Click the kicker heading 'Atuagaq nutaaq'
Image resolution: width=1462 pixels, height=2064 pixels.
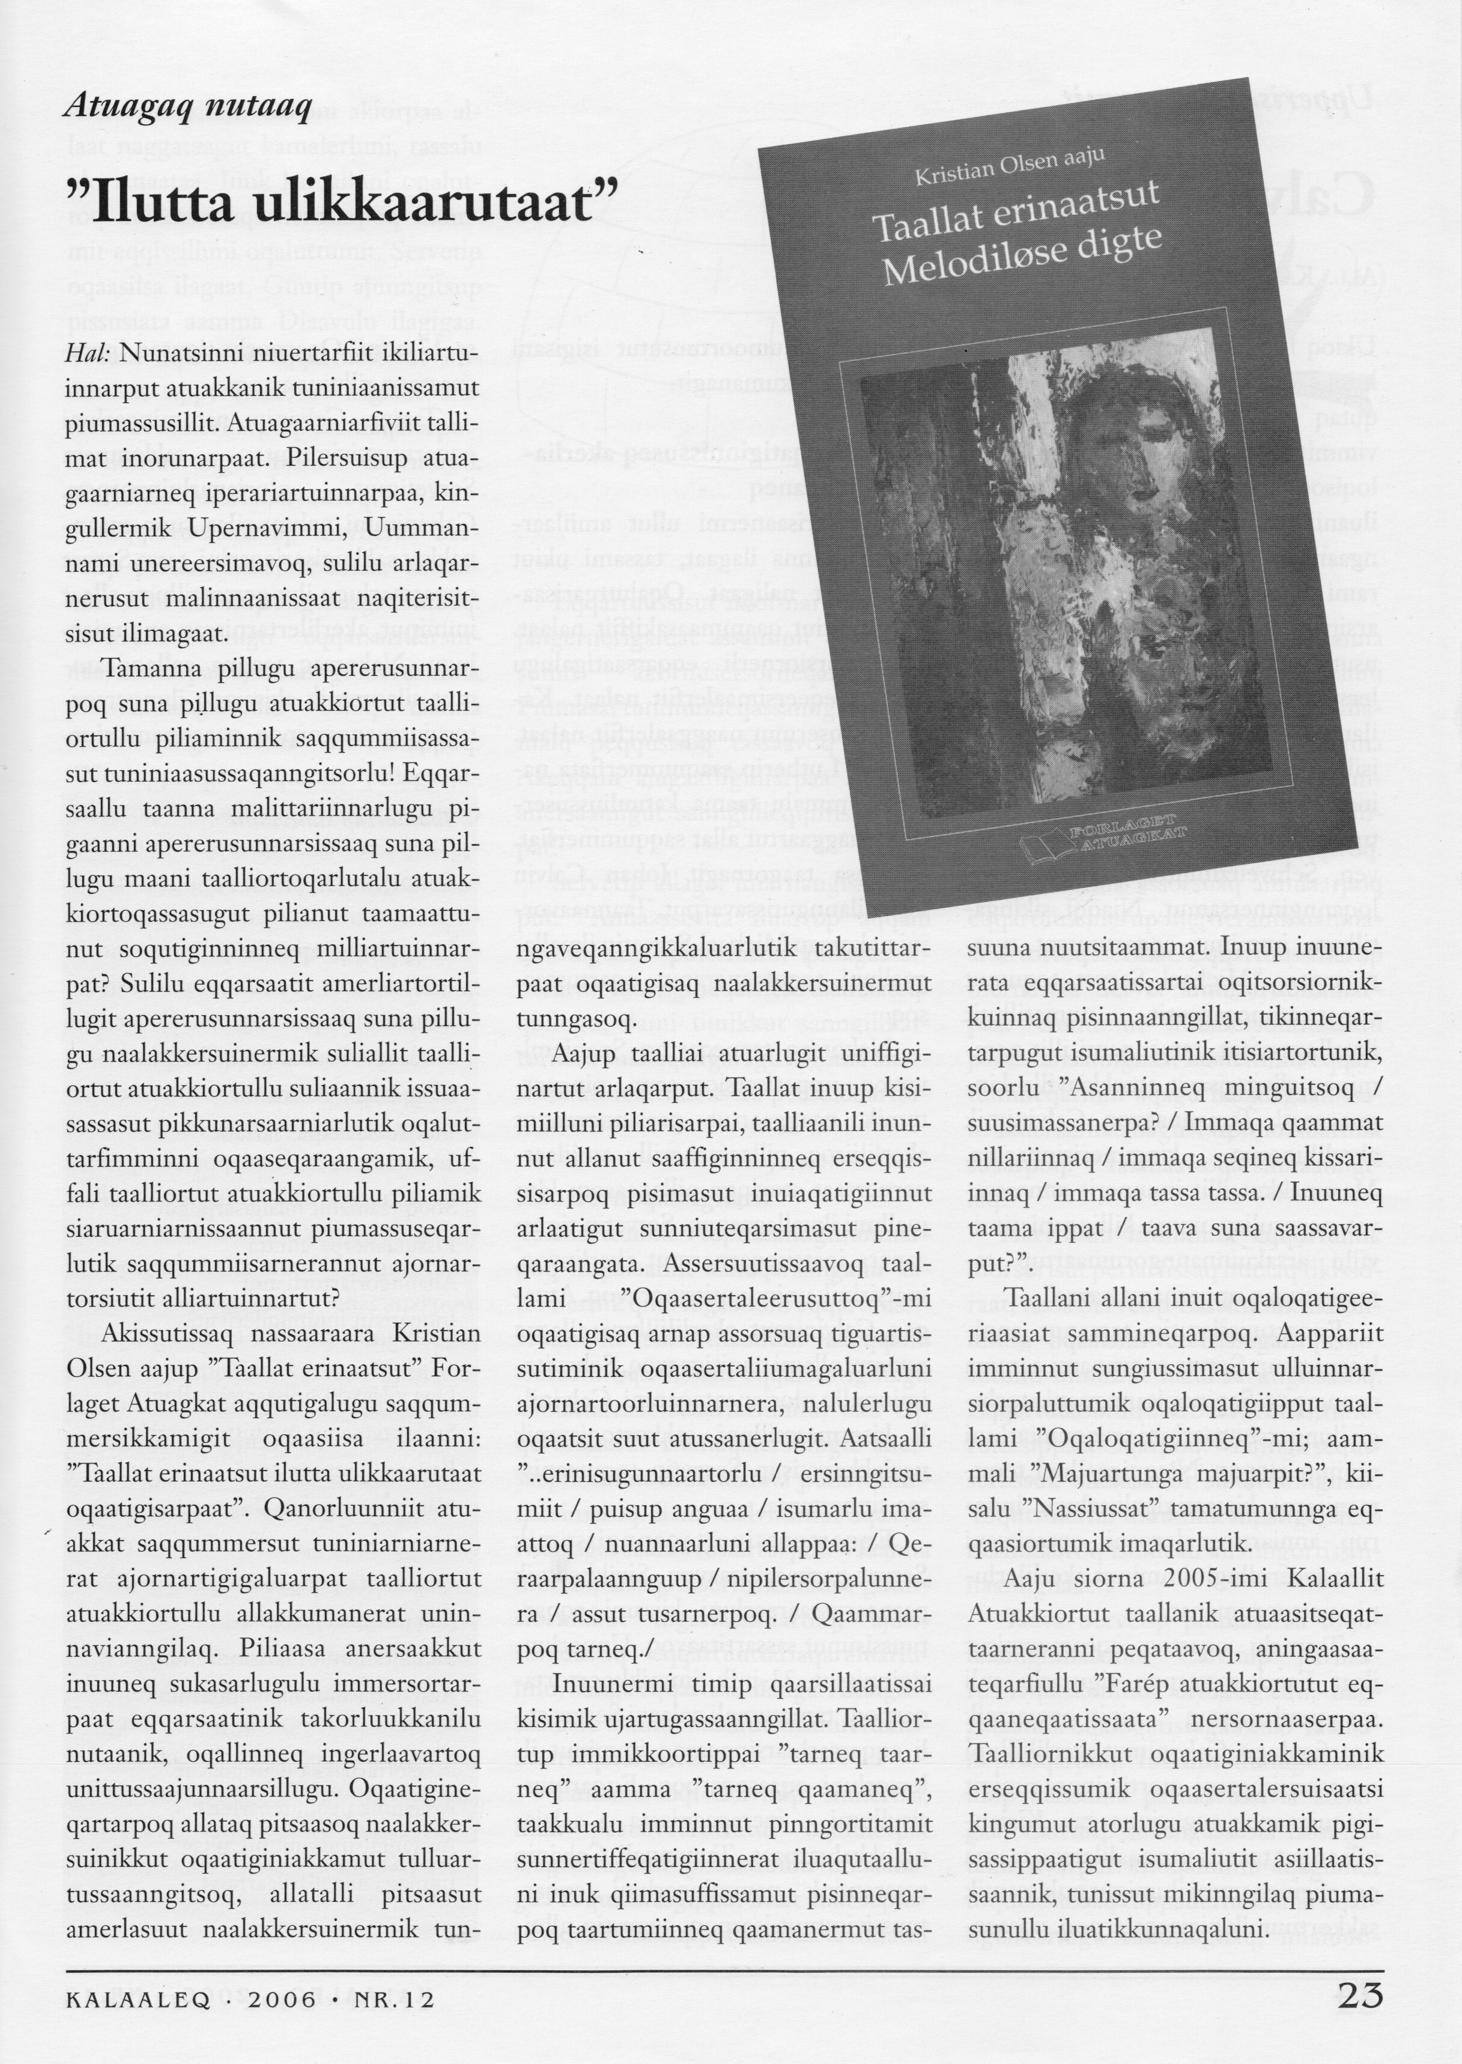(x=188, y=110)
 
